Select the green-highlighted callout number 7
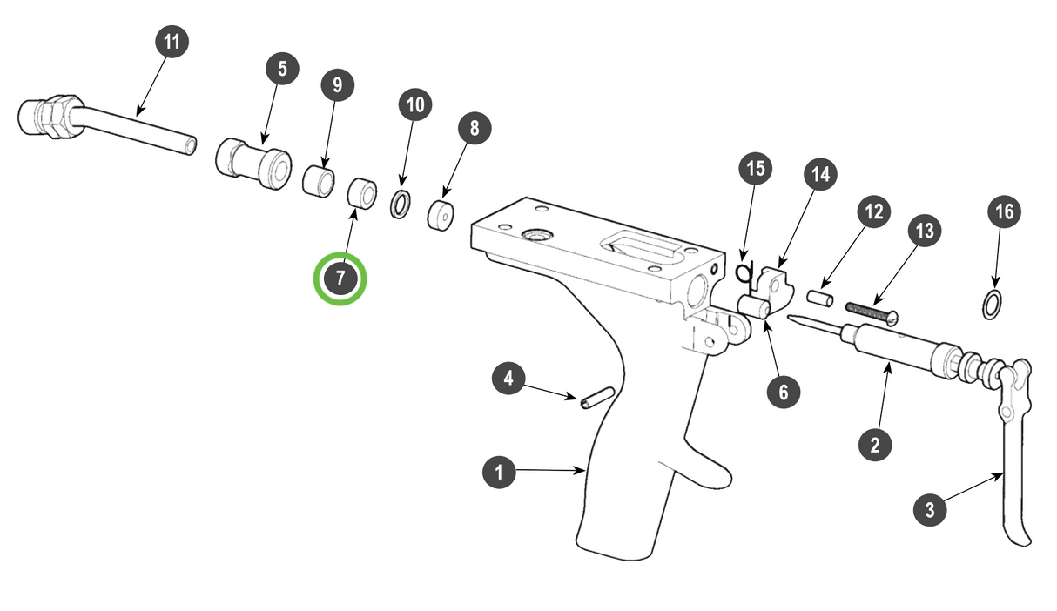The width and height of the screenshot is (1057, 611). click(340, 279)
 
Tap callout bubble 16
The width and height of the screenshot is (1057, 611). click(1004, 211)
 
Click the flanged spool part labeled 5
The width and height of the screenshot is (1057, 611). click(253, 164)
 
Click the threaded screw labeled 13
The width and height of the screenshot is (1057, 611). click(869, 312)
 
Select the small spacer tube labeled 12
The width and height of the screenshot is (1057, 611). click(821, 298)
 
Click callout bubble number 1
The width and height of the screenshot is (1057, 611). click(499, 473)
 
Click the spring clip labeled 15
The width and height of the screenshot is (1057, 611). click(743, 273)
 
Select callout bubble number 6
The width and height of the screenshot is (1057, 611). click(783, 392)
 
